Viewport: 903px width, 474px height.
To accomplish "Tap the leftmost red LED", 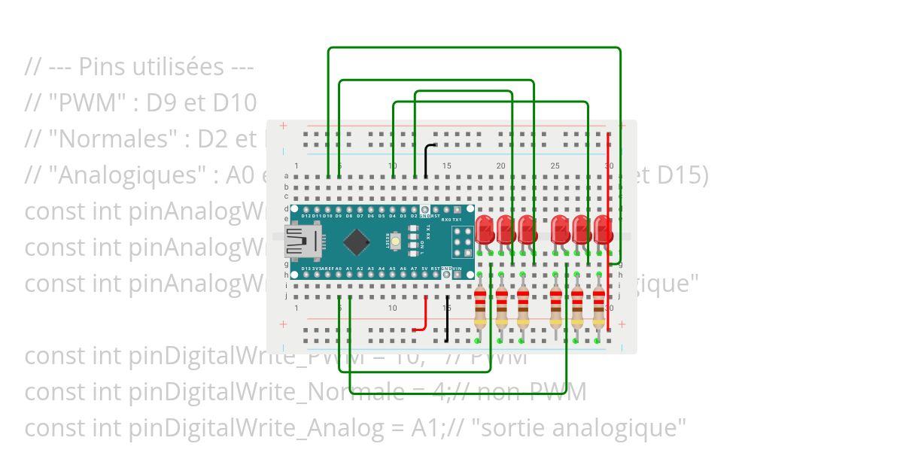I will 484,229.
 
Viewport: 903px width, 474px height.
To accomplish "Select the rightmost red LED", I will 602,229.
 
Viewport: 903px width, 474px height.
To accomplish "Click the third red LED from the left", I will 526,229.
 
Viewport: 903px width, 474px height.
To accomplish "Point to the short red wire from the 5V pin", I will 424,316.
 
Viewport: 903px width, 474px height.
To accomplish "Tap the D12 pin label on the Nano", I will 306,216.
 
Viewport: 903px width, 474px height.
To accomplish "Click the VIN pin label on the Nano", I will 458,268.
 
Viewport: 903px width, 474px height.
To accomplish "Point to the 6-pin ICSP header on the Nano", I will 461,242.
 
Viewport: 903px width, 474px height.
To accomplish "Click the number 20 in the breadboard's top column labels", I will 500,166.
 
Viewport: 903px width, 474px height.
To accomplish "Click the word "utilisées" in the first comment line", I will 195,66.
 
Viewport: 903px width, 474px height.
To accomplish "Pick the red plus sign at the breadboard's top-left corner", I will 283,126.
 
